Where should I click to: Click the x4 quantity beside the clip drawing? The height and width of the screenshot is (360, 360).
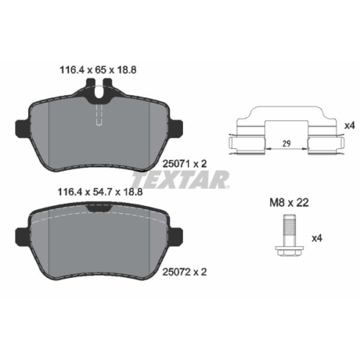click(351, 125)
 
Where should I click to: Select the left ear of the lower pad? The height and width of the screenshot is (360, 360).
click(22, 233)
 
